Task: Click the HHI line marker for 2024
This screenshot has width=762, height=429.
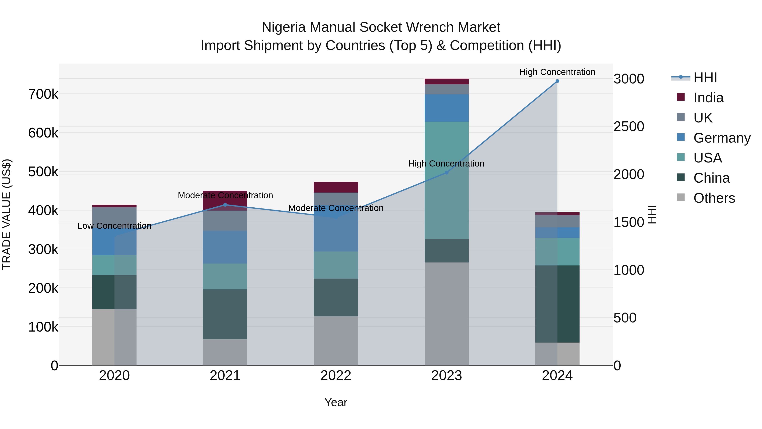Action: coord(557,81)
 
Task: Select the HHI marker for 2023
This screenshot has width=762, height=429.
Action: coord(447,173)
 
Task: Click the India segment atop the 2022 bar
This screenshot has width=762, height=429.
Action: coord(336,187)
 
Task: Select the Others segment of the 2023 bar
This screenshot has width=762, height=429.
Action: coord(446,314)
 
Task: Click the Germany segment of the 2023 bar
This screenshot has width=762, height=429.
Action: coord(446,108)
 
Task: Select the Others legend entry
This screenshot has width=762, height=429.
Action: coord(714,198)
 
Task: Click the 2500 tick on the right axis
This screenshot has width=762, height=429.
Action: coord(629,127)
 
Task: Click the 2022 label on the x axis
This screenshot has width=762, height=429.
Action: coord(336,376)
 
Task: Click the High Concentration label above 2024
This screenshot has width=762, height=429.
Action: coord(557,72)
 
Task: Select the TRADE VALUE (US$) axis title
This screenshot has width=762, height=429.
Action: coord(7,214)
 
